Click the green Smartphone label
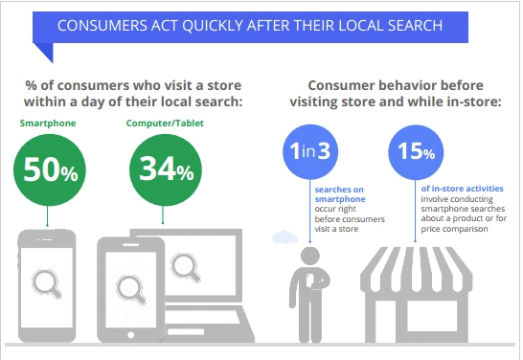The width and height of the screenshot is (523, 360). (47, 124)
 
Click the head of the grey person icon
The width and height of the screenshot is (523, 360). (310, 255)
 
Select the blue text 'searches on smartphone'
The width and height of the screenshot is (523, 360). (336, 195)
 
